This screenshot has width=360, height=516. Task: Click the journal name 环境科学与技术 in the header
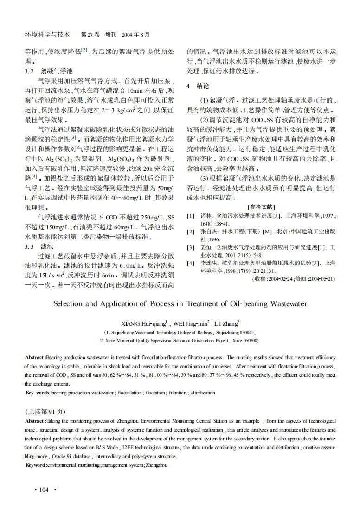47,34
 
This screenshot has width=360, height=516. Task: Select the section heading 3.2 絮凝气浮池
49,71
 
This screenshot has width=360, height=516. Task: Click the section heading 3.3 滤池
39,246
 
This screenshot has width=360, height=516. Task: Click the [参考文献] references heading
262,206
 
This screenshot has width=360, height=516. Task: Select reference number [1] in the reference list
191,216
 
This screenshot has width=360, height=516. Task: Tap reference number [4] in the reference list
191,263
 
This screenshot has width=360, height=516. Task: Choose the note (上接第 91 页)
45,412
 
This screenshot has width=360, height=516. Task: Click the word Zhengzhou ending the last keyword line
156,464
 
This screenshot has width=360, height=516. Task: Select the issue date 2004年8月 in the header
136,35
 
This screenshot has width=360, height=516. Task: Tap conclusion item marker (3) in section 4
205,178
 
